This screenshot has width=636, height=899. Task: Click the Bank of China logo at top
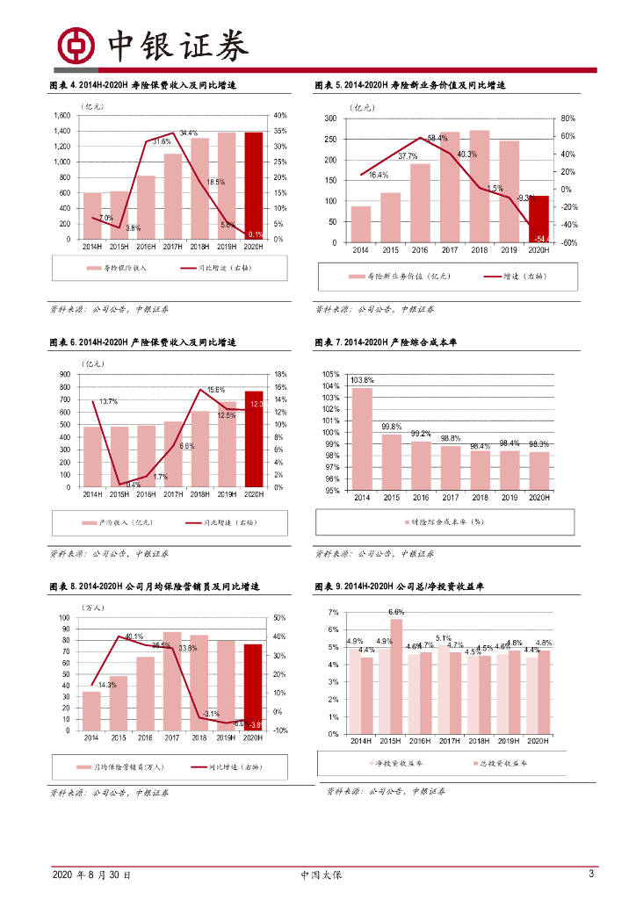tap(76, 45)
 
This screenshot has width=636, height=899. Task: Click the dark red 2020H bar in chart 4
tap(253, 185)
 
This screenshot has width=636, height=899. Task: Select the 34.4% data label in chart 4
tap(188, 133)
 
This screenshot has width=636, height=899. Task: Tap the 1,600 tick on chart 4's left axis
tap(61, 115)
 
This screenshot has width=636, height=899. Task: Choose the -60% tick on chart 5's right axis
tap(569, 243)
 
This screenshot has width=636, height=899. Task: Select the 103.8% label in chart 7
tap(362, 380)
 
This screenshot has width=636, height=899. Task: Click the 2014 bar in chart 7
tap(362, 439)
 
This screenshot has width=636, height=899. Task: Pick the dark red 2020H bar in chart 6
tap(253, 438)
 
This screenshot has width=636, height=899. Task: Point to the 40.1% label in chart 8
tap(134, 636)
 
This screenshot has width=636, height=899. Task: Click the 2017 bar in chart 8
tap(172, 680)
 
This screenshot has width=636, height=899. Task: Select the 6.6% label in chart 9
tap(396, 611)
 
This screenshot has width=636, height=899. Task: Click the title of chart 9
tap(387, 586)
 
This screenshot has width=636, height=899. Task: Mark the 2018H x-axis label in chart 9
tap(478, 741)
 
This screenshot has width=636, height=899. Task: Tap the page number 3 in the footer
tap(591, 874)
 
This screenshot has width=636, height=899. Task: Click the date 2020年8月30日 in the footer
tap(91, 875)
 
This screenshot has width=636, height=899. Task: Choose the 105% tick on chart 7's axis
tap(331, 375)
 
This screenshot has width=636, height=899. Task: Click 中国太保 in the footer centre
tap(320, 875)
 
